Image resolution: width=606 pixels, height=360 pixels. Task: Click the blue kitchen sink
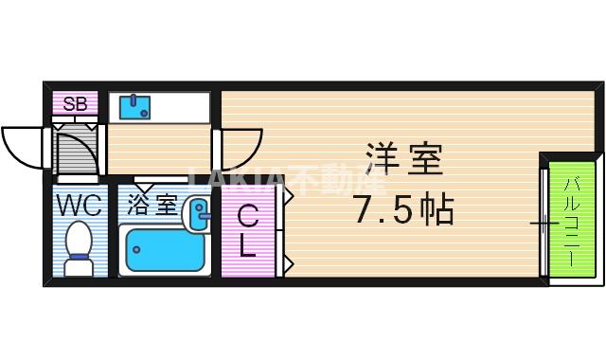click(x=134, y=106)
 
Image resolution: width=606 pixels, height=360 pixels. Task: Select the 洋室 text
click(x=403, y=160)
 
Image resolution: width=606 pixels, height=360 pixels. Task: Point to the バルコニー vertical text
click(x=571, y=217)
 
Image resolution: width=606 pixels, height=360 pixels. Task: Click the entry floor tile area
click(x=76, y=149)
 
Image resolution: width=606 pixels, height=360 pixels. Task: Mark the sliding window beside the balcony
click(x=544, y=224)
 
